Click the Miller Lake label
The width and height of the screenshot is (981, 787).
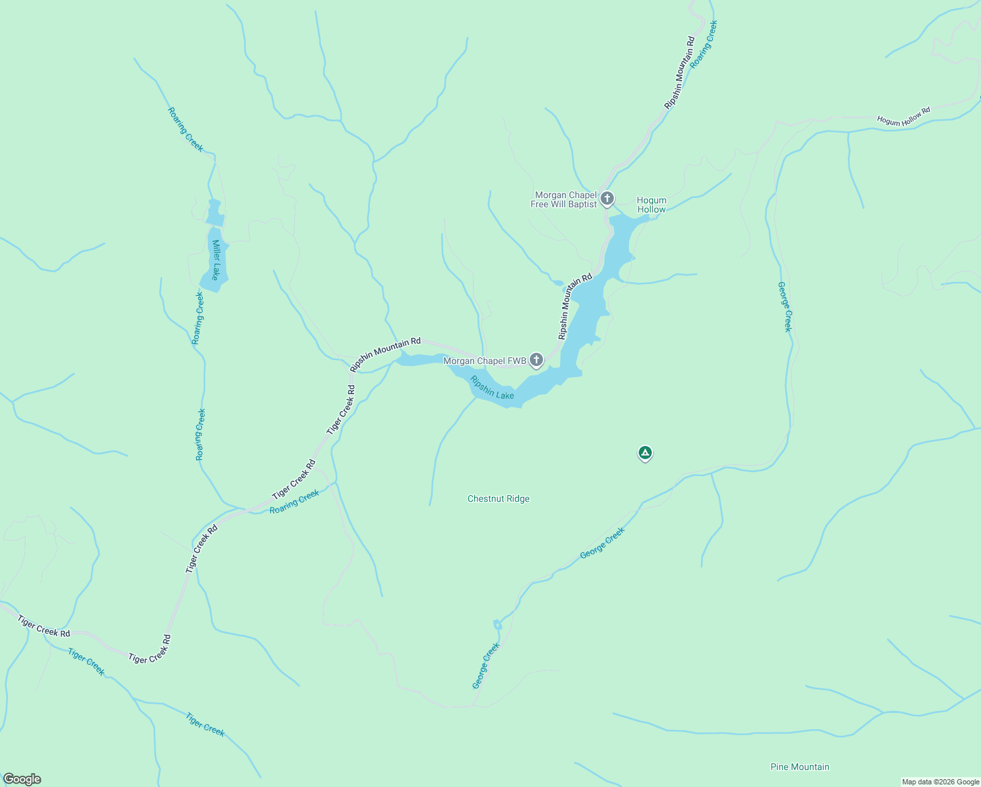click(214, 260)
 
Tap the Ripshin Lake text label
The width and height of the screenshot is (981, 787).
click(492, 388)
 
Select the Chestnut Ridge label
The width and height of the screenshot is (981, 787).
click(498, 499)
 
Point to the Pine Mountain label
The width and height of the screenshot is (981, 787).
click(799, 767)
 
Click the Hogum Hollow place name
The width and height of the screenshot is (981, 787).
click(651, 205)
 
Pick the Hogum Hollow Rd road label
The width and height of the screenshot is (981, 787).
click(904, 117)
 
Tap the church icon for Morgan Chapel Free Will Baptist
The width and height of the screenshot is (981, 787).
click(607, 198)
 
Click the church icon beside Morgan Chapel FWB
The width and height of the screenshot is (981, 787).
click(536, 359)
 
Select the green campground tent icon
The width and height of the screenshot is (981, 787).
click(645, 453)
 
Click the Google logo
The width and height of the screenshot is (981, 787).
click(22, 779)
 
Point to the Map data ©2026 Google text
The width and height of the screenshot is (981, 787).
click(940, 782)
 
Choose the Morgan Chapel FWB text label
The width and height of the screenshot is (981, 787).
click(485, 361)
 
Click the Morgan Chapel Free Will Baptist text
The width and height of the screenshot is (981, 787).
click(564, 200)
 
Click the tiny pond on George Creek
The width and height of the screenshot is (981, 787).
click(497, 625)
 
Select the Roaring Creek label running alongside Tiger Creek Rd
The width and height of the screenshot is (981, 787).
click(294, 502)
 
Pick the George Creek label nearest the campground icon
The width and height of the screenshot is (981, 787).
click(602, 544)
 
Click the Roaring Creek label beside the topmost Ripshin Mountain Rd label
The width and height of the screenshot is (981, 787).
click(704, 41)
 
